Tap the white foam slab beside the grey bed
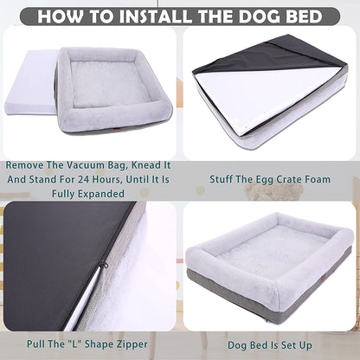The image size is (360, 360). (29, 95)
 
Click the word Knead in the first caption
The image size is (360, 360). (136, 164)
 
